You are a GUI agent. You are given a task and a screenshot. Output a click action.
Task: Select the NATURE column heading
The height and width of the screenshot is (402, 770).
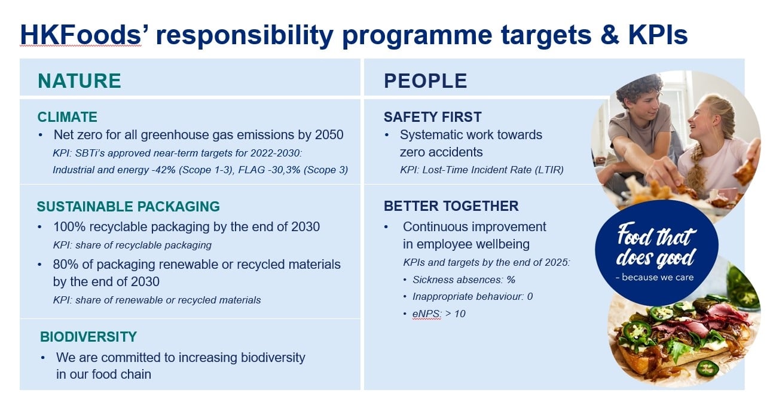pyautogui.click(x=80, y=81)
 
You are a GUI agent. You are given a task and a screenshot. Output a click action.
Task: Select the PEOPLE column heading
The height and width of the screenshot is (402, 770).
pyautogui.click(x=425, y=81)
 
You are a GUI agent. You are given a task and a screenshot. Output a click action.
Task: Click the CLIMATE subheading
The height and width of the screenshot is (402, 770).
pyautogui.click(x=67, y=117)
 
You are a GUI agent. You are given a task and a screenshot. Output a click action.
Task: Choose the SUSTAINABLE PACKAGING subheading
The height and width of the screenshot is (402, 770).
pyautogui.click(x=128, y=207)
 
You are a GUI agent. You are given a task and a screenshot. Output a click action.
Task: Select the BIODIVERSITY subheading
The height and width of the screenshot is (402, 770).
pyautogui.click(x=88, y=337)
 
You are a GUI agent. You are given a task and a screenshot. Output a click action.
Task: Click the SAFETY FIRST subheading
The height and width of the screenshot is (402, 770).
pyautogui.click(x=432, y=117)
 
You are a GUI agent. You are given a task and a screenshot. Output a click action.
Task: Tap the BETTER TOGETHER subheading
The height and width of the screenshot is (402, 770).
pyautogui.click(x=451, y=206)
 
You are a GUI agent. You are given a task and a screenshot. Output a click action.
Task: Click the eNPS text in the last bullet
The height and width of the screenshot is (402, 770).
pyautogui.click(x=427, y=314)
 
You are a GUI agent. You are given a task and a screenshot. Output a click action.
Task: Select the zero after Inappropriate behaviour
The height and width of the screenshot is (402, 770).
pyautogui.click(x=530, y=296)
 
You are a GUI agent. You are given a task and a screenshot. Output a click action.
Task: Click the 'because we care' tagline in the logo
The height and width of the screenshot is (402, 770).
pyautogui.click(x=655, y=277)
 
